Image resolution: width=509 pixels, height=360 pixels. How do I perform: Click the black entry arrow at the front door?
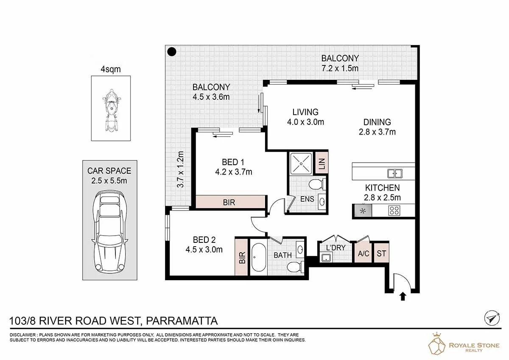[403, 296]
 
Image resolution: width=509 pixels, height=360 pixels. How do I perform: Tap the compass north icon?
[491, 318]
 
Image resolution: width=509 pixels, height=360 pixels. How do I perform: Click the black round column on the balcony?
[171, 52]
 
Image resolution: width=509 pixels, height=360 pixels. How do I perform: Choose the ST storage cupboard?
[381, 253]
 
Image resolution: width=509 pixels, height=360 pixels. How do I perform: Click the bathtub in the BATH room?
[258, 257]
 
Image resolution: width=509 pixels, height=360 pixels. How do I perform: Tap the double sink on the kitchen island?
[395, 173]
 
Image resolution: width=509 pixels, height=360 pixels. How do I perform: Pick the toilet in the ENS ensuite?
[317, 185]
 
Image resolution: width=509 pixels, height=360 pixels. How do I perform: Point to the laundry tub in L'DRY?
[326, 258]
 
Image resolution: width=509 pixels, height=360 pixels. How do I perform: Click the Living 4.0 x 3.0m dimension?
[305, 122]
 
